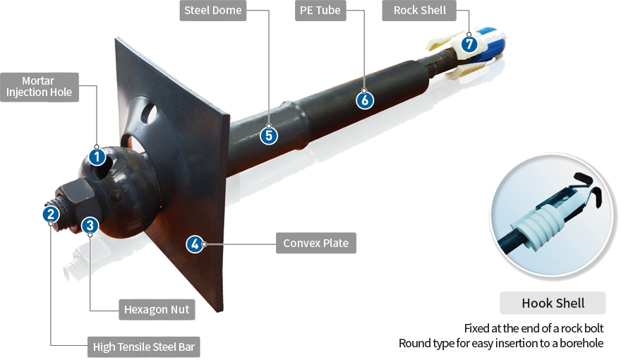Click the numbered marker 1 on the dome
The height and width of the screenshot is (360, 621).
point(97,157)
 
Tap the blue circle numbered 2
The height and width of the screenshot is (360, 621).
point(51,215)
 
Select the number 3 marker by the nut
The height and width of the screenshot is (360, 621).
point(90,225)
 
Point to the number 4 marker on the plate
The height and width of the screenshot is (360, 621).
point(195,244)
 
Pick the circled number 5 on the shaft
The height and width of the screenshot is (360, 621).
point(269,136)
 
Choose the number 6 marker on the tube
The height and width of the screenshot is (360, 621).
point(365,100)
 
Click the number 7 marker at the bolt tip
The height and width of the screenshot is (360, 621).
point(469,44)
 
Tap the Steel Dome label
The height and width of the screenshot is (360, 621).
point(213,11)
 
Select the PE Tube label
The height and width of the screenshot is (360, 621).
point(320,11)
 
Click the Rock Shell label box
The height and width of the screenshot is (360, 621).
point(419,11)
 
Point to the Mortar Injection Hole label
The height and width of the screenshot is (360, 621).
point(40,87)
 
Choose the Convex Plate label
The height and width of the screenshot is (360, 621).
point(316,243)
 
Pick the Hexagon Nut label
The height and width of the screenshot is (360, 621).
point(157,310)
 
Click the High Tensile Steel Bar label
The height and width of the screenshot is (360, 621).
point(144,347)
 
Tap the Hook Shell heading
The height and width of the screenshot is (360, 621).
point(553,304)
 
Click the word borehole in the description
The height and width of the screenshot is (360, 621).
point(581,343)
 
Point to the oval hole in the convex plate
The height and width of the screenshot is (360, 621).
point(150,112)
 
